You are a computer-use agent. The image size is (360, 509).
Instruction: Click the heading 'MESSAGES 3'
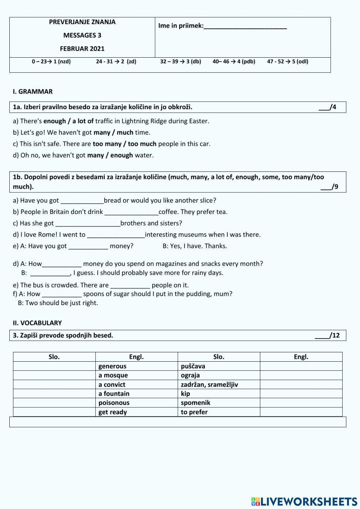pos(82,35)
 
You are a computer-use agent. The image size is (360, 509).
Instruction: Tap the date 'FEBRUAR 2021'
pos(82,49)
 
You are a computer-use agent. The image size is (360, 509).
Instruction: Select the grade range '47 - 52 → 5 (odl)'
pos(287,62)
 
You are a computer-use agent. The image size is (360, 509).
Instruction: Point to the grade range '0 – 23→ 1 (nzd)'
pos(51,62)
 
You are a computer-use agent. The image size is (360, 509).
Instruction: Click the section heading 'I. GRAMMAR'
pos(33,91)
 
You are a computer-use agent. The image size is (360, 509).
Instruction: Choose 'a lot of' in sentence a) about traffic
pos(83,121)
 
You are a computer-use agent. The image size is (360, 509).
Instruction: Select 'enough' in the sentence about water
pos(121,155)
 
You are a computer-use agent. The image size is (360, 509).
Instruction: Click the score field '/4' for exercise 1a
pos(327,107)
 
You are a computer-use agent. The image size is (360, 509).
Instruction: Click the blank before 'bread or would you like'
pos(82,201)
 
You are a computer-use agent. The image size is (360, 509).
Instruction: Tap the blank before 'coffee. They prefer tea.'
pos(131,212)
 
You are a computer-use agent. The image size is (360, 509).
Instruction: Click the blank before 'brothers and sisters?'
pos(88,223)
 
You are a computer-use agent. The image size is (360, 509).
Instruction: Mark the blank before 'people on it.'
pos(130,285)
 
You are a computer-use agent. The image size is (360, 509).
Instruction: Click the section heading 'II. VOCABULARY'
pos(37,323)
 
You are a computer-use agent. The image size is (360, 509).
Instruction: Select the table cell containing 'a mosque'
pos(136,375)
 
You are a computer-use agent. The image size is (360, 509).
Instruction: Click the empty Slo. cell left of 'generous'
pos(54,366)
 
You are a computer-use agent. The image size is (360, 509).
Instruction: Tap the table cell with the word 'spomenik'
pos(219,403)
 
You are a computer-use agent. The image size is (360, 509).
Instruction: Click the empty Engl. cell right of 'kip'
pos(301,394)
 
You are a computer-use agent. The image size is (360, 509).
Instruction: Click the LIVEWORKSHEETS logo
pos(304,501)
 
